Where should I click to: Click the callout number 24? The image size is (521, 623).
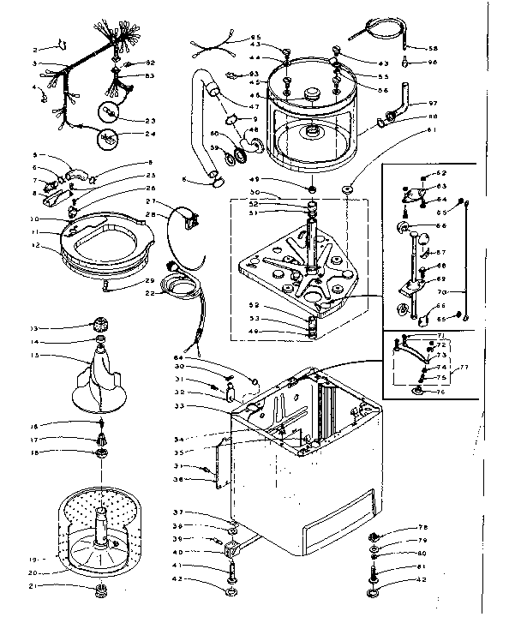coord(150,135)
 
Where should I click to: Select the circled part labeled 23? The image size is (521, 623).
coord(110,112)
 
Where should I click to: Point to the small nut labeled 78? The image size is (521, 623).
coord(374,530)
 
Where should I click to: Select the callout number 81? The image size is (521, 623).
coord(421,566)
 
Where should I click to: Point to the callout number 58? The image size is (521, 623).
coord(433,48)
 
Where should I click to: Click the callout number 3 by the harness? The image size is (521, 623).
coord(35,63)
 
